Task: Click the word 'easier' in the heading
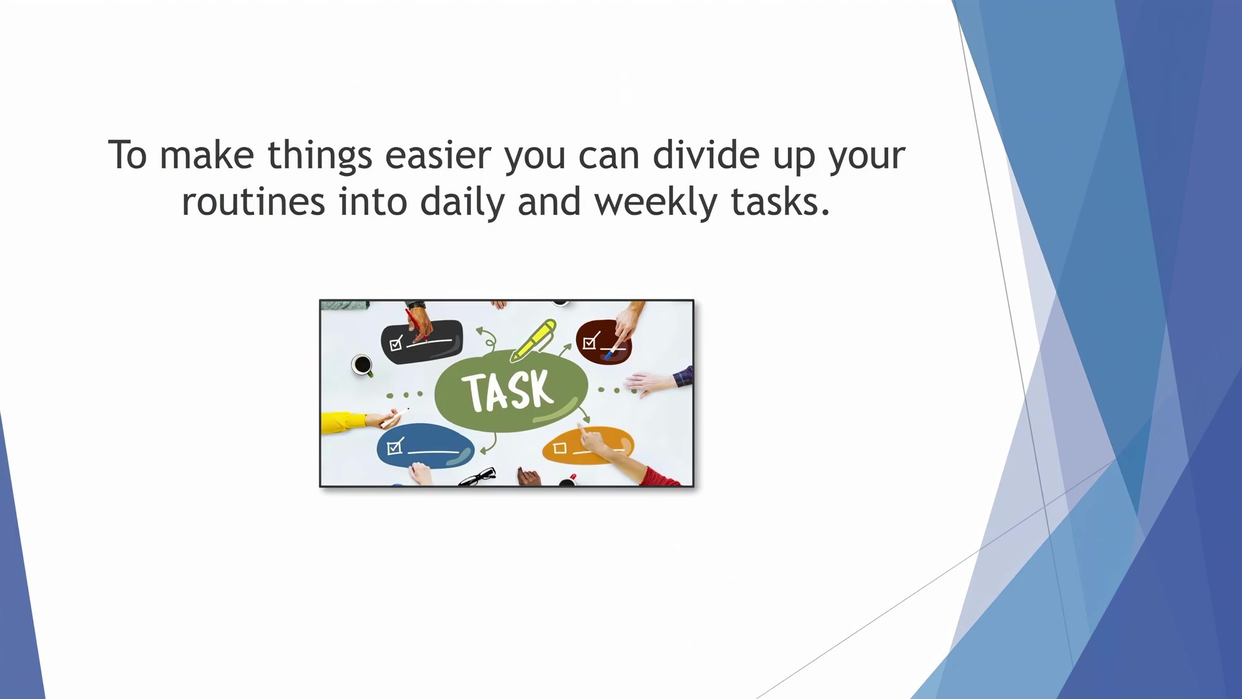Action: [438, 155]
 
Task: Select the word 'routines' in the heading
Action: [253, 202]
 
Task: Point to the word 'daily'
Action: [462, 203]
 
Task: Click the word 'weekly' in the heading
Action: [656, 203]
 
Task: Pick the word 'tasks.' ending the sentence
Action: [780, 203]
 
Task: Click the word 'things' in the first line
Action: [320, 157]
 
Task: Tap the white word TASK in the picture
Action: [508, 391]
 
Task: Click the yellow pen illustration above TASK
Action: [533, 340]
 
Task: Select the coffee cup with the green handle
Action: [363, 366]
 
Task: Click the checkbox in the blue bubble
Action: [395, 447]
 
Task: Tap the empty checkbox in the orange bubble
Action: [560, 448]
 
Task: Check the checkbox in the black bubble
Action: [396, 342]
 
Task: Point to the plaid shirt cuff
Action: [683, 375]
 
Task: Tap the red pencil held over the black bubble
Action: [416, 325]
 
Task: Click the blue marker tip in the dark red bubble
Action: [608, 355]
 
